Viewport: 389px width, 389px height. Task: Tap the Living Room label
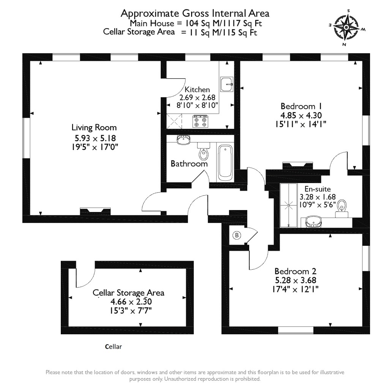(94, 128)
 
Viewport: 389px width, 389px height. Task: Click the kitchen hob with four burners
(200, 121)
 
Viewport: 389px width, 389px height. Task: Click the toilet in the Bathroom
(203, 152)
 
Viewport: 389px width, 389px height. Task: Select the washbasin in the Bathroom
(184, 140)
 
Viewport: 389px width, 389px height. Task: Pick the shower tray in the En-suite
(289, 205)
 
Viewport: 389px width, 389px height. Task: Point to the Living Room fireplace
(95, 211)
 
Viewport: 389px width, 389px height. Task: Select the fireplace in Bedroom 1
(297, 165)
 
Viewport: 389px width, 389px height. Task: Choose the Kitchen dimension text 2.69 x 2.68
(197, 97)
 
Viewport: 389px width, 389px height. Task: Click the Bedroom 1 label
(298, 106)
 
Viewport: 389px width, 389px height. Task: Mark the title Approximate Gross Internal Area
(195, 13)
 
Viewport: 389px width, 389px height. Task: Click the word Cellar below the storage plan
(114, 347)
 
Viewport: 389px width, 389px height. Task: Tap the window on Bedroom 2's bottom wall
(296, 330)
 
